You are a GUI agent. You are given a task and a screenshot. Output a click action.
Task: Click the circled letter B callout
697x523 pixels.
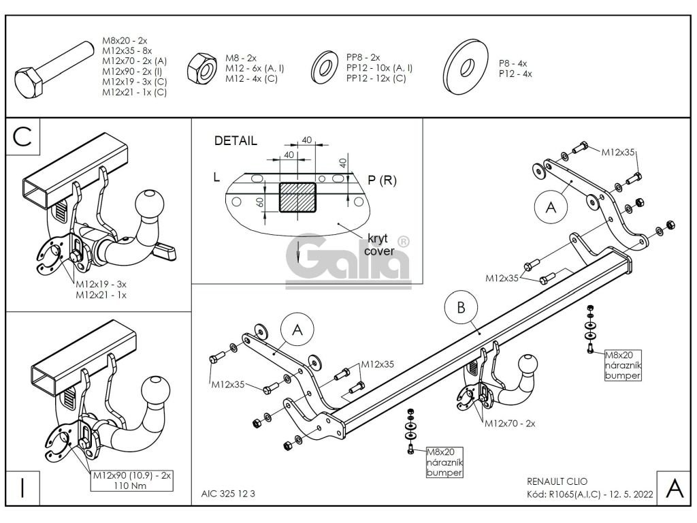click(x=461, y=308)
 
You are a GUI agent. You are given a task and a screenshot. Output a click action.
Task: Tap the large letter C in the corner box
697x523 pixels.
click(x=22, y=136)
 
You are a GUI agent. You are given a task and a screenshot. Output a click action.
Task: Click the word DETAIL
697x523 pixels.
click(x=236, y=142)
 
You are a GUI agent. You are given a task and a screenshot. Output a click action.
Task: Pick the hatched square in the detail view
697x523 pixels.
click(x=297, y=197)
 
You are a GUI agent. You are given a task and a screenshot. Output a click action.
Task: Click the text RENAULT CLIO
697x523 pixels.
click(x=555, y=481)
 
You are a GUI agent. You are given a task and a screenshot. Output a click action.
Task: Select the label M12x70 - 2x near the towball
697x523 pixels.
click(x=510, y=423)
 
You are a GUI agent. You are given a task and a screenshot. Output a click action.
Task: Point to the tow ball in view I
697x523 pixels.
click(x=155, y=391)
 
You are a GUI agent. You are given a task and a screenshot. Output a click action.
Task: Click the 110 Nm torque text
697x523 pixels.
click(x=131, y=486)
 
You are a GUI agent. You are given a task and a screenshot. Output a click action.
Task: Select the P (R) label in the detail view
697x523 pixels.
click(x=382, y=180)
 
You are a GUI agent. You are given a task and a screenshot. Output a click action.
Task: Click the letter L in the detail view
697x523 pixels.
click(x=216, y=177)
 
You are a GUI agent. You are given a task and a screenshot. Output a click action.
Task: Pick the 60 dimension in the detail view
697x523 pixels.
click(x=259, y=203)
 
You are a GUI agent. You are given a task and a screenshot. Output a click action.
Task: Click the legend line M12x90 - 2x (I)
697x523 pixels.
click(x=131, y=71)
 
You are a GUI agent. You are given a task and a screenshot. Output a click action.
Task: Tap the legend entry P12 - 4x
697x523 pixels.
click(x=515, y=73)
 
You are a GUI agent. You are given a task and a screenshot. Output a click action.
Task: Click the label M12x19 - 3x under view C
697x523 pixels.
click(x=101, y=285)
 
